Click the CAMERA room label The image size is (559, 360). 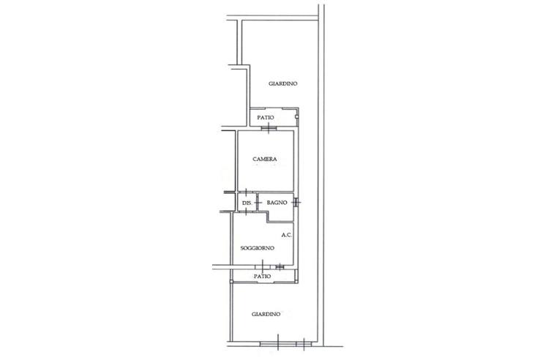coord(265,159)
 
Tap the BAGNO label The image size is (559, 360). coord(277,203)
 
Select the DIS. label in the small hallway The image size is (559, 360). coord(247,203)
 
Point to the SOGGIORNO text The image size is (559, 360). coord(257,248)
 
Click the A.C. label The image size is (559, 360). coord(287,236)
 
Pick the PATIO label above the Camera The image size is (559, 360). coord(266,117)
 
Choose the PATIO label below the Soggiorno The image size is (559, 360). coord(263,277)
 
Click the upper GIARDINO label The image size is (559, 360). coord(282,83)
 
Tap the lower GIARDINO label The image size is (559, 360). coord(266,315)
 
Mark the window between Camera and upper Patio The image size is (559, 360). coord(269,128)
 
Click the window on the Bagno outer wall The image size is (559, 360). coord(296,203)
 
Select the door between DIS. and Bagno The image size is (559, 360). coord(258,203)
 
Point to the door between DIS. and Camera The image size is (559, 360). coord(246,192)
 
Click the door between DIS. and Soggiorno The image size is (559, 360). coord(246,211)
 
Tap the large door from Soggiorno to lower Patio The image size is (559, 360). coord(263,266)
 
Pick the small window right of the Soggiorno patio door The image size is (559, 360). coord(280,266)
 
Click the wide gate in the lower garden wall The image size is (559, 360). coord(278,344)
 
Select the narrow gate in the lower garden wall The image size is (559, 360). coord(304,344)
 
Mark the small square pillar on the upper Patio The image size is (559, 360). coord(296,116)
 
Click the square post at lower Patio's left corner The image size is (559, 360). coord(231,282)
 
